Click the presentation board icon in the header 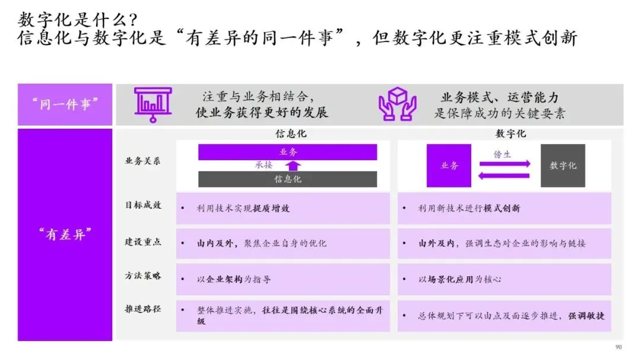click(153, 104)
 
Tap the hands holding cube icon click(397, 104)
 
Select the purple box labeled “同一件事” click(65, 104)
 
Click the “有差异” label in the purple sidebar click(65, 234)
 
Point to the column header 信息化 click(291, 134)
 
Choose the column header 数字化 click(510, 134)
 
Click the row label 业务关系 click(142, 161)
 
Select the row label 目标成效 click(142, 205)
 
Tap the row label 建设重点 click(142, 243)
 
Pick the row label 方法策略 click(142, 276)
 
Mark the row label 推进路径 click(142, 310)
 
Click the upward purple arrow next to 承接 click(294, 165)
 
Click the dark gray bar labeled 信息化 click(287, 179)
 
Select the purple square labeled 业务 click(449, 165)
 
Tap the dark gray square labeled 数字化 click(563, 165)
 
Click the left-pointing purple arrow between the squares click(505, 175)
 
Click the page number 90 click(618, 348)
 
